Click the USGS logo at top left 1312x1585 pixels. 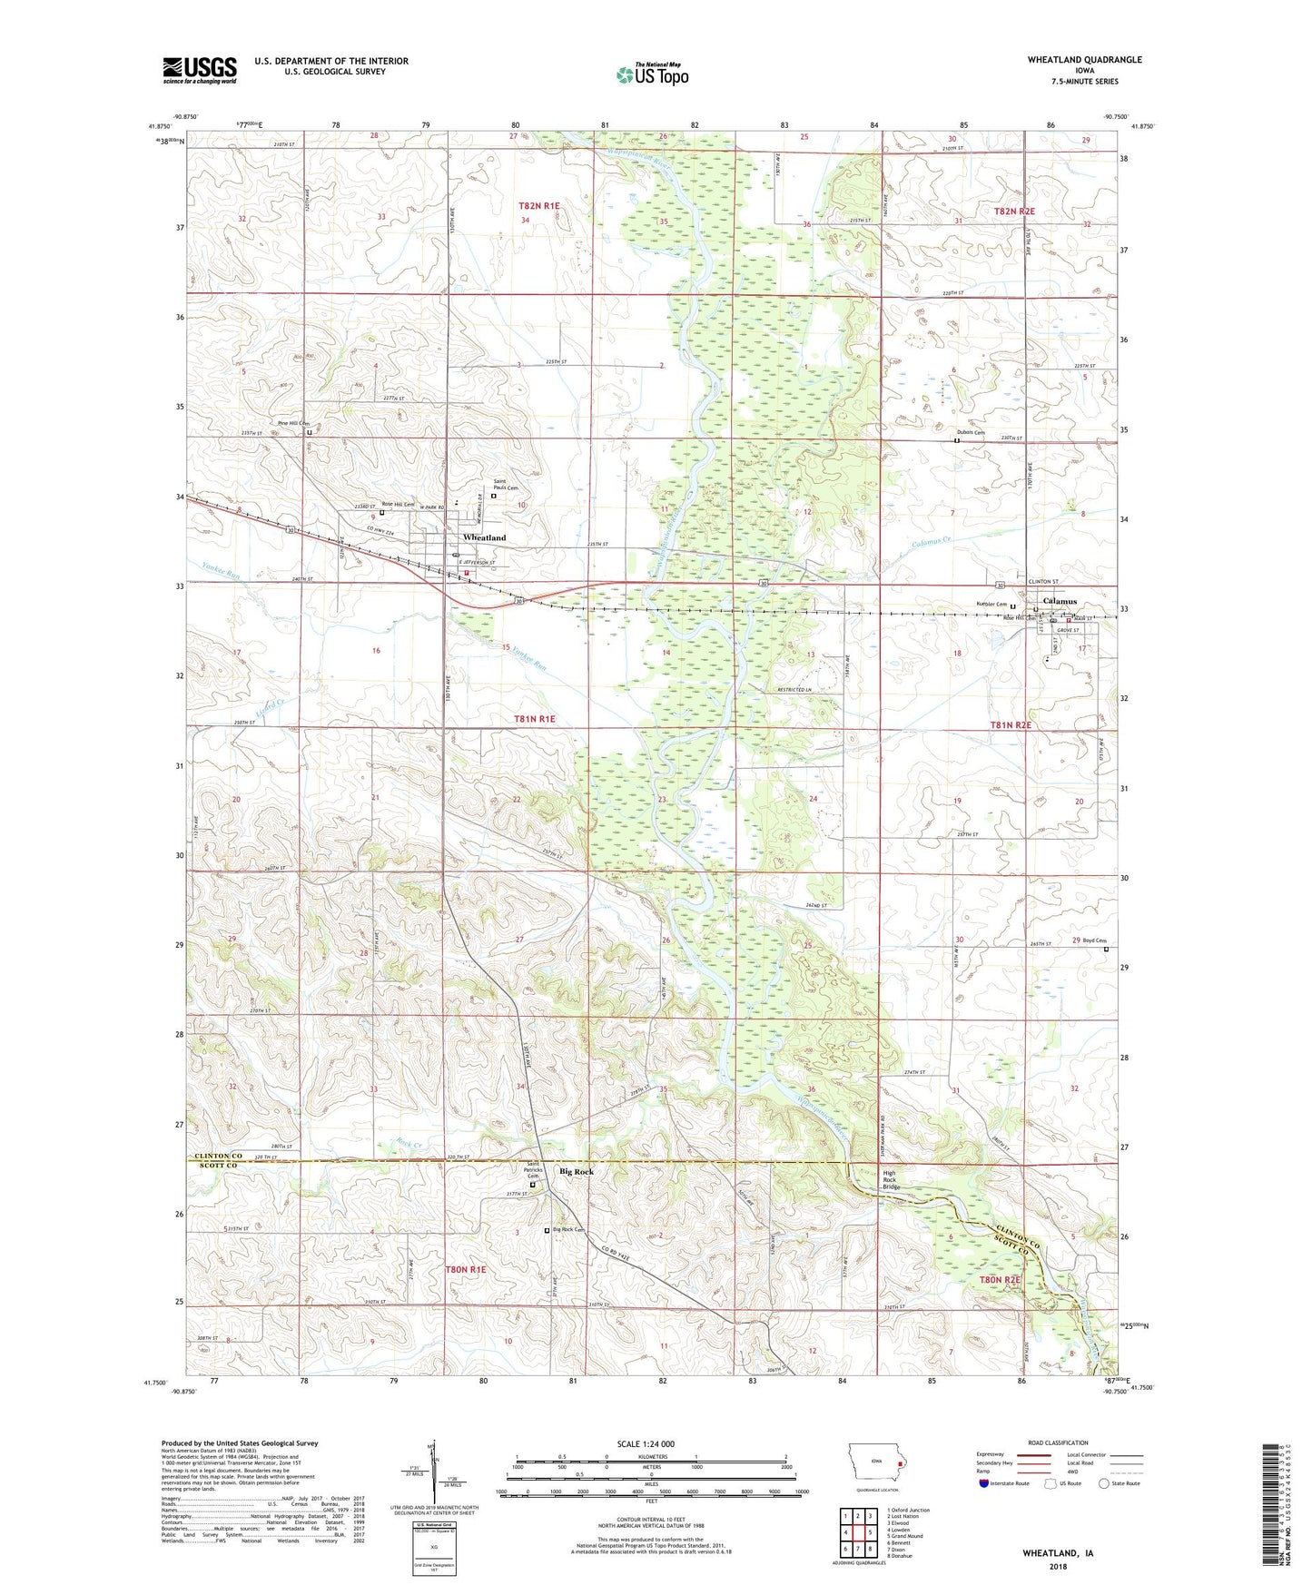pos(199,69)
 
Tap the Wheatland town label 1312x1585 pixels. pos(484,537)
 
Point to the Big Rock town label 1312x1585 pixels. pos(577,1172)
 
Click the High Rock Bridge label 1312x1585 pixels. pos(892,1179)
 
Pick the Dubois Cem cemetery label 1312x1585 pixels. pos(970,432)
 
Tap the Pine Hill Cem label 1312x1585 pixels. pos(293,424)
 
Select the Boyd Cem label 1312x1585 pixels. pos(1094,940)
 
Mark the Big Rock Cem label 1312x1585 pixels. pos(567,1230)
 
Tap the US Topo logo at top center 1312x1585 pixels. pos(652,74)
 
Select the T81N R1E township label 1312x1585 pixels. pos(534,719)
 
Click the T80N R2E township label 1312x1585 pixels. pos(999,1280)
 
